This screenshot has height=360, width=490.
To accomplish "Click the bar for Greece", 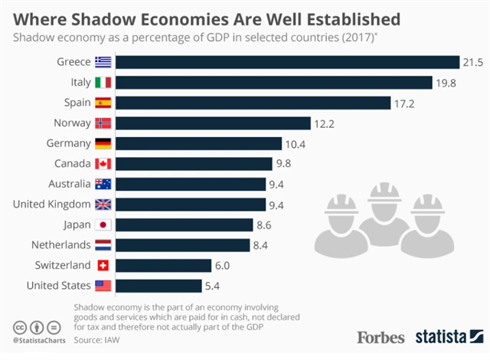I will click(288, 61).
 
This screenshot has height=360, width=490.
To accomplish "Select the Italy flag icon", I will click(103, 82).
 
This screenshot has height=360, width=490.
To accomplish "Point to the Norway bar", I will click(214, 123).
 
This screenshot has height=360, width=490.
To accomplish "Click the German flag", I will click(103, 143).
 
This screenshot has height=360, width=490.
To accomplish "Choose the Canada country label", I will click(73, 163).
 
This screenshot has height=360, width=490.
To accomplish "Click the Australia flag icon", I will click(103, 184).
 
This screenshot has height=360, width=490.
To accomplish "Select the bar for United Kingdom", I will click(192, 204).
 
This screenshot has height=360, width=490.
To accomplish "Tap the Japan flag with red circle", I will click(103, 224).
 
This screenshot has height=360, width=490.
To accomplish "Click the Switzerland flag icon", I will click(103, 265).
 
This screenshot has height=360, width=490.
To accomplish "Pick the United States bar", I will click(160, 286).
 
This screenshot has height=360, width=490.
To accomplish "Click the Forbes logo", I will click(381, 336).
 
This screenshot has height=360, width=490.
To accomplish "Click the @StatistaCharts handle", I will click(37, 338).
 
